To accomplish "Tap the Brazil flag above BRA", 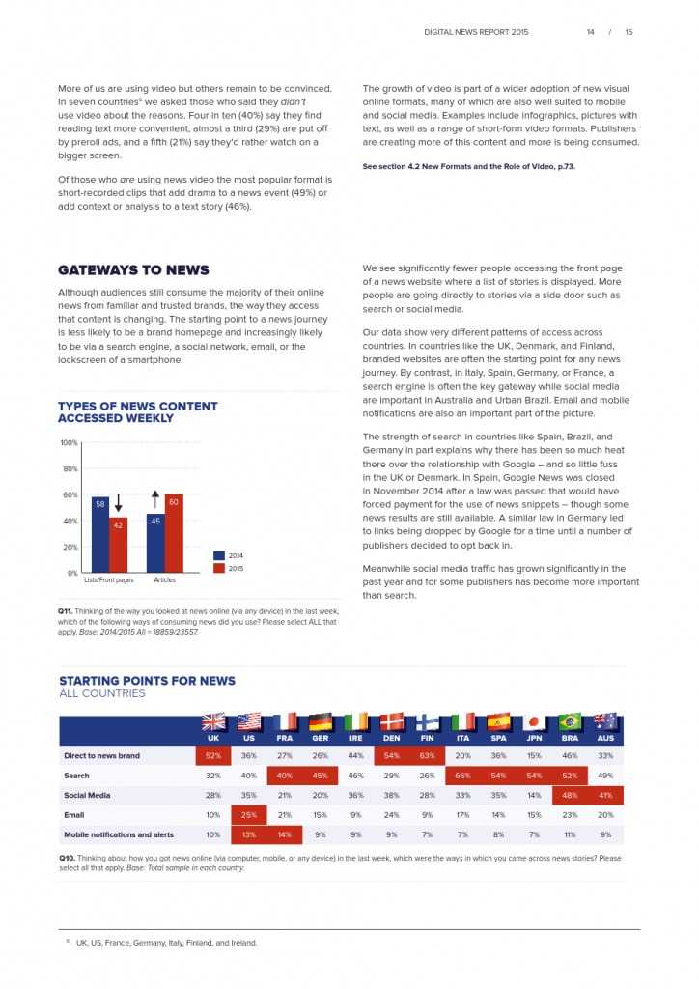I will pyautogui.click(x=571, y=721).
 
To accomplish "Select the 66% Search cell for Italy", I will pyautogui.click(x=463, y=776).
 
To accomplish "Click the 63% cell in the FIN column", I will pyautogui.click(x=428, y=755).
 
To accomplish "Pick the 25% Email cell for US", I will pyautogui.click(x=249, y=815).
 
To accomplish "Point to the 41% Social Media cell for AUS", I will pyautogui.click(x=605, y=795).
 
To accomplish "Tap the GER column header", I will pyautogui.click(x=320, y=738).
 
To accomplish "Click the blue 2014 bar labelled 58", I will pyautogui.click(x=99, y=534).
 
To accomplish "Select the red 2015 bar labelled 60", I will pyautogui.click(x=174, y=533).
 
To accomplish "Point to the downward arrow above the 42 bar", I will pyautogui.click(x=118, y=503).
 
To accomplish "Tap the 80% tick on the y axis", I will pyautogui.click(x=70, y=469).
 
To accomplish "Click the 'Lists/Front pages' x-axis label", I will pyautogui.click(x=108, y=580).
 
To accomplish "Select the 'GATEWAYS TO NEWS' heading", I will pyautogui.click(x=133, y=270).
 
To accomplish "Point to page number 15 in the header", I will pyautogui.click(x=629, y=32).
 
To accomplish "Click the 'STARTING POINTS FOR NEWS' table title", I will pyautogui.click(x=147, y=681).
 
